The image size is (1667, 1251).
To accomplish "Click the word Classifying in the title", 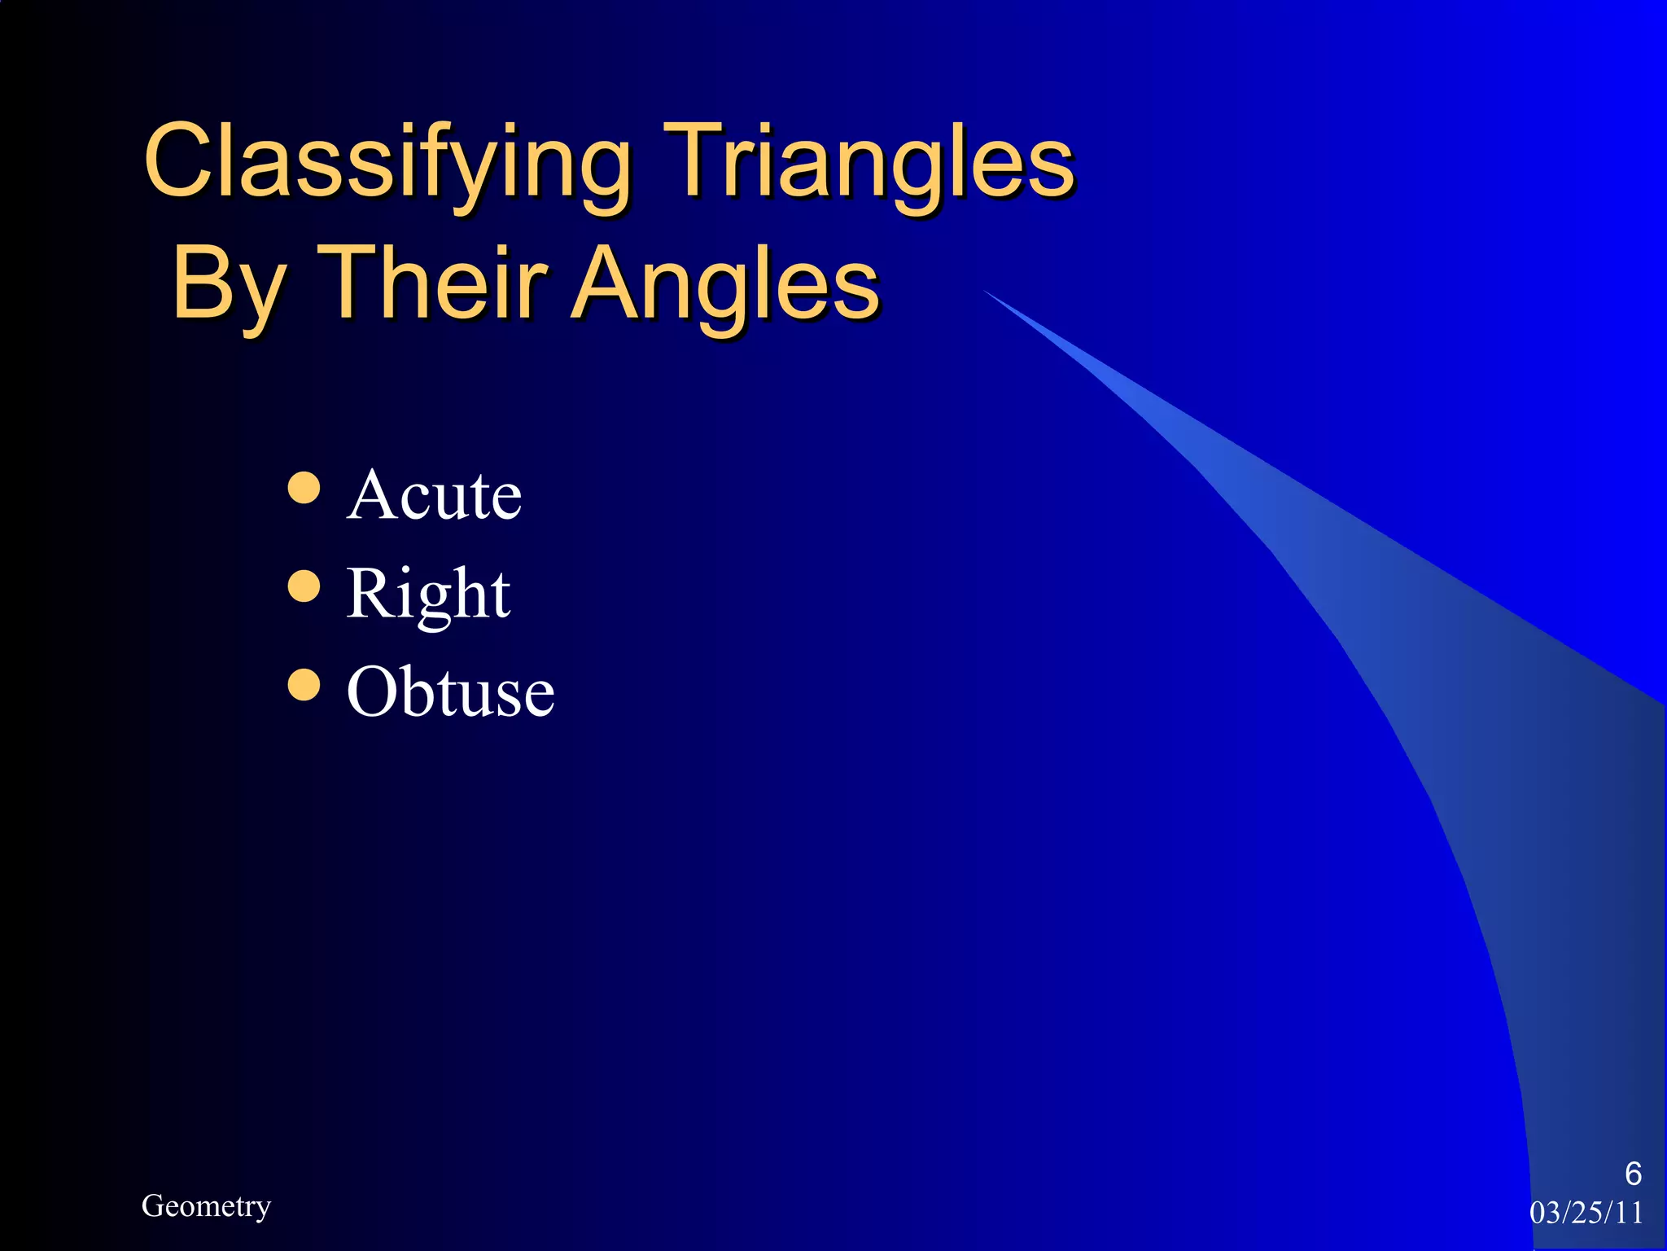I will (387, 163).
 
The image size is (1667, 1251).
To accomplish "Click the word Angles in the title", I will (724, 285).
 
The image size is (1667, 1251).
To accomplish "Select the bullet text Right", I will (428, 595).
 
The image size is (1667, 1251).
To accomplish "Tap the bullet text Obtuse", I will (450, 692).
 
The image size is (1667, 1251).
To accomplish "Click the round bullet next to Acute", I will (304, 488).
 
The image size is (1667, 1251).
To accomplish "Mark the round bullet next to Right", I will (304, 586).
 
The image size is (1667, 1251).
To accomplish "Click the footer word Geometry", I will (206, 1206).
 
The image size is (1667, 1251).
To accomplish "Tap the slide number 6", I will (1633, 1174).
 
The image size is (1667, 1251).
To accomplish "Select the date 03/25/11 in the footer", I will (1586, 1213).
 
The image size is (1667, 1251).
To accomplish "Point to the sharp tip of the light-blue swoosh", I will (987, 292).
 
